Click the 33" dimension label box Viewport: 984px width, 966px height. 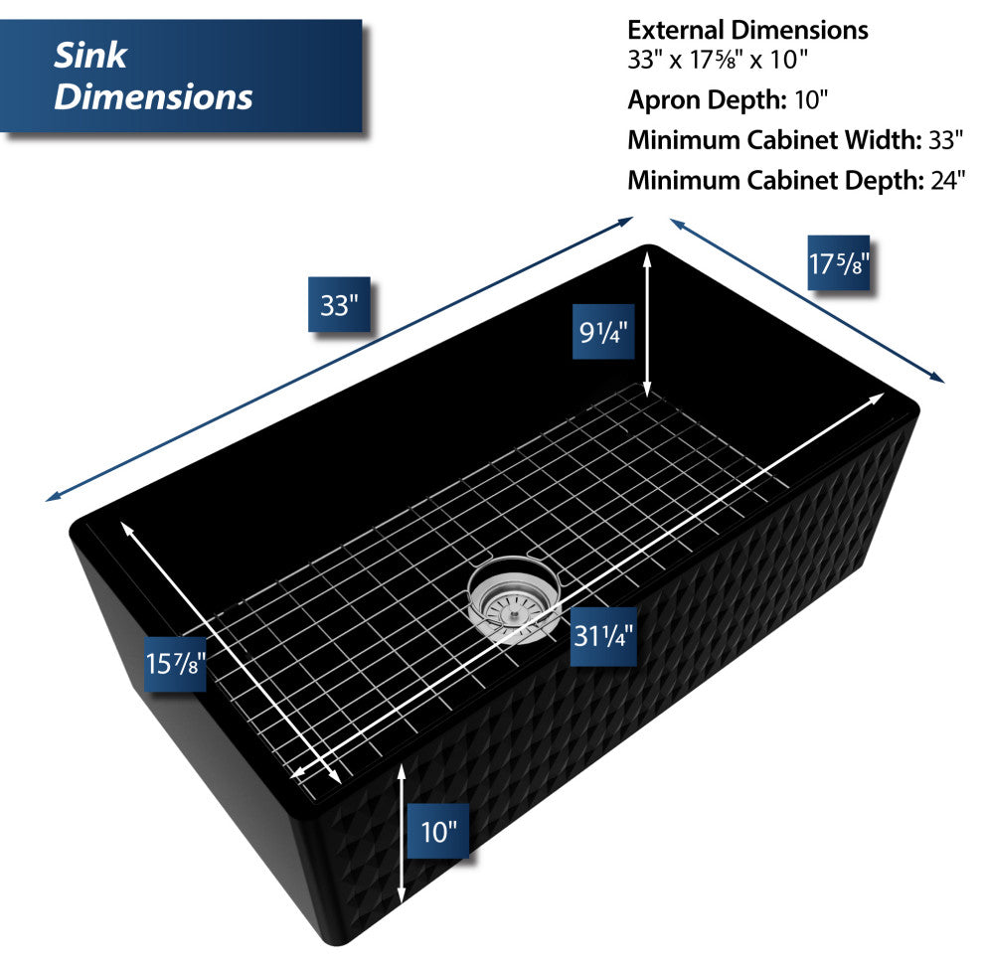click(x=339, y=304)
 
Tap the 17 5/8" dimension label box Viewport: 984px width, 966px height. click(x=839, y=263)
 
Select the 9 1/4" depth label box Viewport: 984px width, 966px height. click(x=603, y=331)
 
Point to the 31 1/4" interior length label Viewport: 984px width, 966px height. click(x=603, y=636)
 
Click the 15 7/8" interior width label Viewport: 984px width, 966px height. click(x=175, y=664)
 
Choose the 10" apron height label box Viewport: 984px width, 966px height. click(x=438, y=831)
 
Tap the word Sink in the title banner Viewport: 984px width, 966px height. click(x=90, y=56)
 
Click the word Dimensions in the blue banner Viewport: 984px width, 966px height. click(x=153, y=96)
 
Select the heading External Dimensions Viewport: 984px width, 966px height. click(x=747, y=30)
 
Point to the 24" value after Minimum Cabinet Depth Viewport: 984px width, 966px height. click(x=947, y=180)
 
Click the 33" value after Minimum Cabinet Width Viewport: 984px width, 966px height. click(x=945, y=140)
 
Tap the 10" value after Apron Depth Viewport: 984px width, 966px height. click(x=811, y=99)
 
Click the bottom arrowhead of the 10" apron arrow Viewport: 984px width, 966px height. click(x=402, y=895)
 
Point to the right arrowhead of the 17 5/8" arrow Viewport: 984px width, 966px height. click(x=937, y=378)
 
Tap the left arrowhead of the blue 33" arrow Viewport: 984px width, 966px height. click(x=53, y=497)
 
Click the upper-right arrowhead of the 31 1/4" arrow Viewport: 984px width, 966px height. click(x=878, y=398)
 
